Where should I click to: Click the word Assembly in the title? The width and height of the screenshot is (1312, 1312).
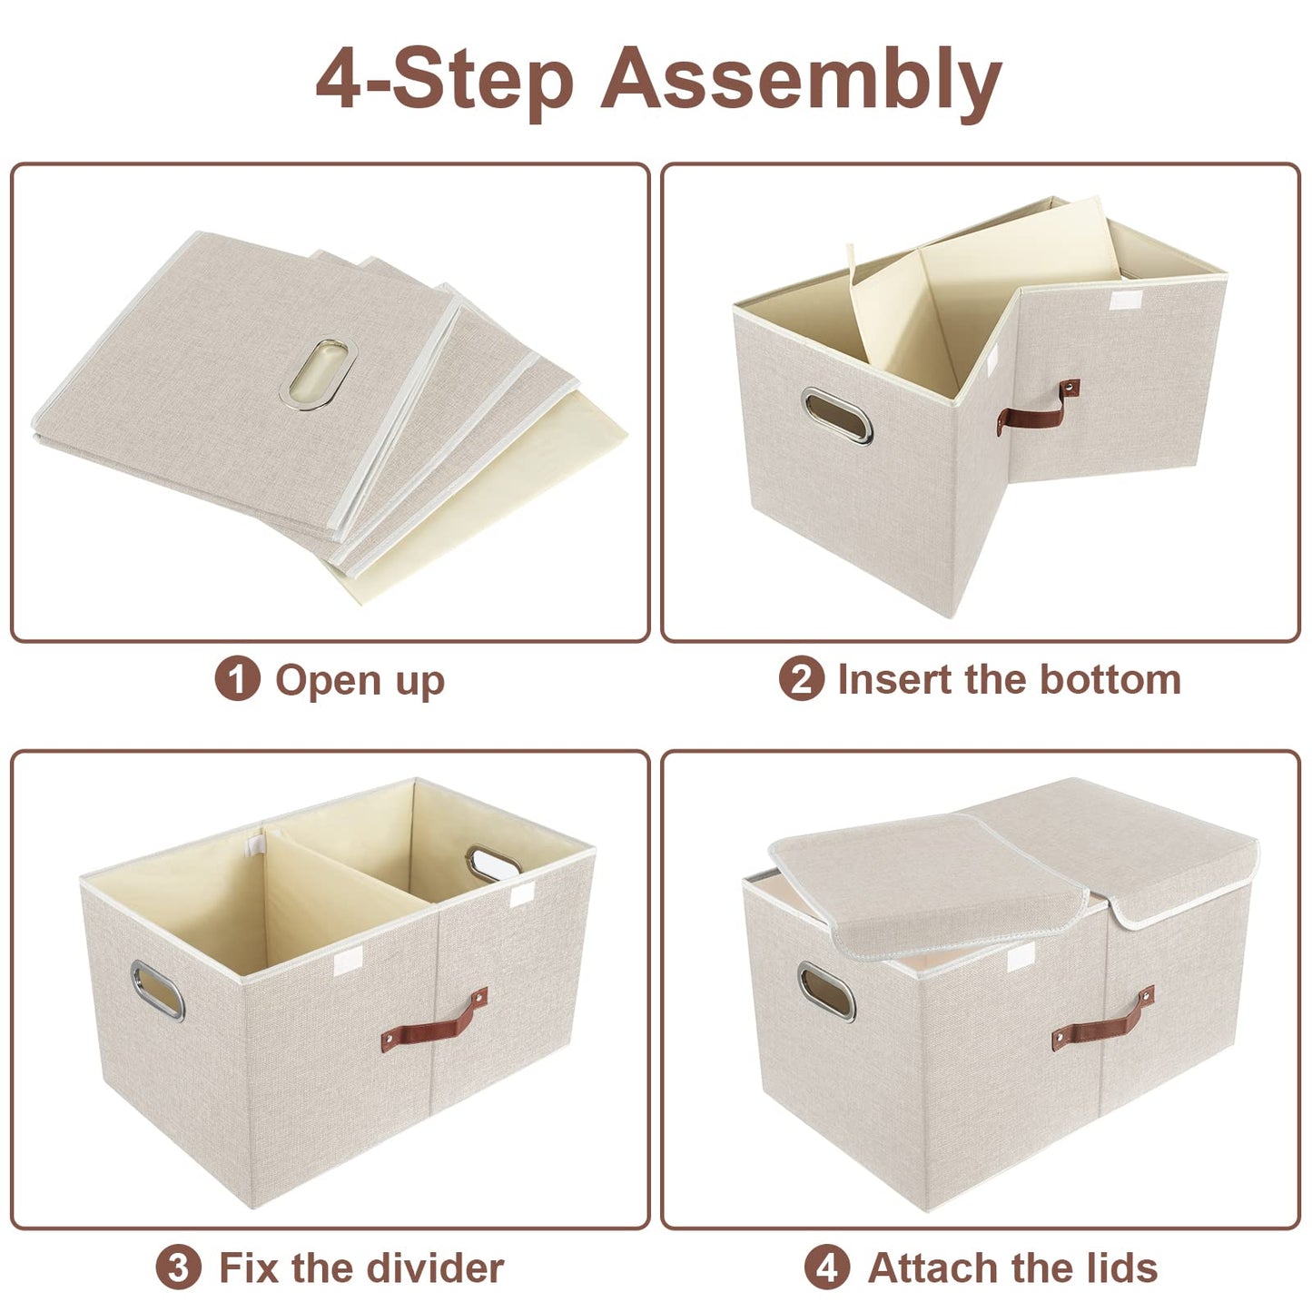point(801,80)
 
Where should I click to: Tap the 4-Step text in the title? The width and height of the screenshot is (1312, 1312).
point(445,80)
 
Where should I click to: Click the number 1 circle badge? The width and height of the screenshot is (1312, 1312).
point(237,679)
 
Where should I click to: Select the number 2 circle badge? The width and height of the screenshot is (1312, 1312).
point(801,679)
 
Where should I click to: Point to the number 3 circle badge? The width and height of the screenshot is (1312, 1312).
point(178,1268)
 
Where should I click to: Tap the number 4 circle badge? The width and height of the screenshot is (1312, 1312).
point(827,1268)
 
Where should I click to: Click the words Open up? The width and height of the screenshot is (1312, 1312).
point(360,681)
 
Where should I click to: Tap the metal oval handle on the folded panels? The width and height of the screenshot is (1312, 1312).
point(318,374)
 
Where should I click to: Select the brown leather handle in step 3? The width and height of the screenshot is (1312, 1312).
point(434,1021)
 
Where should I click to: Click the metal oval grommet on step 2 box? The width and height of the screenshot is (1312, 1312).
point(837,416)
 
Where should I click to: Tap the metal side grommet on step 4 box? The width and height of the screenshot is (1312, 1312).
point(826,991)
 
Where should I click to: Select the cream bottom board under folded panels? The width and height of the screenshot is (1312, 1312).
point(508,508)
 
